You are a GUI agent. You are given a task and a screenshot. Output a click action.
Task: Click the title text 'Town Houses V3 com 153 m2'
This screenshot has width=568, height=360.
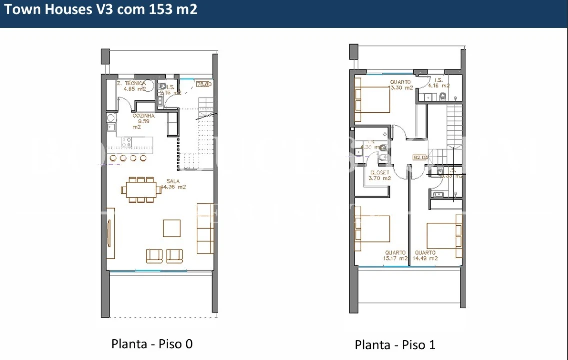pos(101,10)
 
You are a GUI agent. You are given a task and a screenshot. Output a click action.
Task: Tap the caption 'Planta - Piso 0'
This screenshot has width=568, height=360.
pos(152,344)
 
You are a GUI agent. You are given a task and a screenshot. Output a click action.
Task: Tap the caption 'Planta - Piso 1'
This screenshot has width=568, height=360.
pos(395,345)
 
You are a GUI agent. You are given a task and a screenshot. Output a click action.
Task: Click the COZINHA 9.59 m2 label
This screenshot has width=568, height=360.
pos(143,121)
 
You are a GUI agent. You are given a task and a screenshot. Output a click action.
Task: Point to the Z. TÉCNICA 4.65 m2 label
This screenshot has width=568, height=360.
pos(131,86)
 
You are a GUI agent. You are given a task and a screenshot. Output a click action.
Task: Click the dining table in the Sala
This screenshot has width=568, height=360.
pos(140,189)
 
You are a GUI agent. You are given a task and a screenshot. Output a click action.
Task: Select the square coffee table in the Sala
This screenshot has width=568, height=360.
pos(172,228)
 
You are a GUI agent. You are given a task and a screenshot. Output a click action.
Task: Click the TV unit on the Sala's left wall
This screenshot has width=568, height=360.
pos(110,233)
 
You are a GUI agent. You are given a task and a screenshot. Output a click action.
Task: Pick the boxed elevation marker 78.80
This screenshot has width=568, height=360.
pos(204,84)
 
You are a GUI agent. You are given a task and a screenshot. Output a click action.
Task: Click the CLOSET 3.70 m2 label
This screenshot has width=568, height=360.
pos(379,175)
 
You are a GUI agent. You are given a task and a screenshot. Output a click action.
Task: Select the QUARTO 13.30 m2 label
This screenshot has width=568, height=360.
pos(401,85)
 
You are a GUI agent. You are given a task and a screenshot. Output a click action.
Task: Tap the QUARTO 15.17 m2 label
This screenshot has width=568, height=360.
pos(395,256)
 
